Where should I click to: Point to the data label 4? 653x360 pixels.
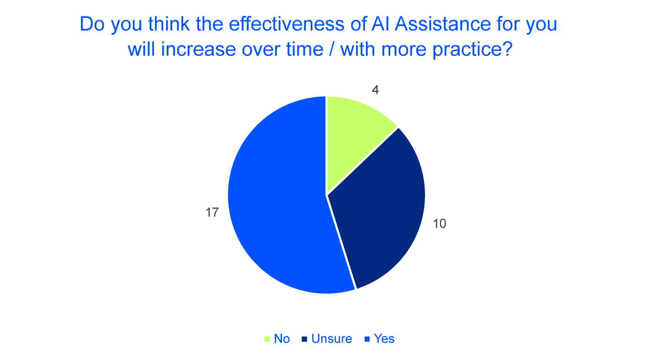(x=375, y=90)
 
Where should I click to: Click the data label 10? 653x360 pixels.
(x=439, y=224)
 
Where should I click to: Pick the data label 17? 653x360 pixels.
(x=212, y=212)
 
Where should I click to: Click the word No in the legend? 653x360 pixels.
(x=282, y=339)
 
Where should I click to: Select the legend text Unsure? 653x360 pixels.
(x=332, y=339)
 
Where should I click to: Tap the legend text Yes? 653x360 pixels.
(x=384, y=339)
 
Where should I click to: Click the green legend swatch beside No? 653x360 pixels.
(x=267, y=339)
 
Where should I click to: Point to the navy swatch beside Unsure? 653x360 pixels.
(x=304, y=339)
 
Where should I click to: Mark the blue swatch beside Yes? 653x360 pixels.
(x=367, y=339)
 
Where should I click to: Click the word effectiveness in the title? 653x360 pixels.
(x=287, y=24)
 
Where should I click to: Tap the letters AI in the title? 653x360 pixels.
(x=381, y=24)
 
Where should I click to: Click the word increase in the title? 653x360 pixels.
(x=199, y=49)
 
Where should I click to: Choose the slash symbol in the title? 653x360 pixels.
(x=332, y=49)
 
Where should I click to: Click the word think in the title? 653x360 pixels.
(x=169, y=24)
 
